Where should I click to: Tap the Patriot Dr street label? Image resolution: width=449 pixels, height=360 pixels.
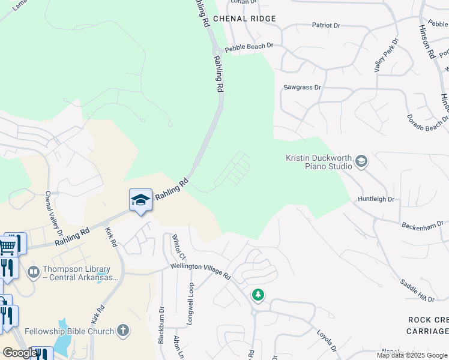tap(326, 26)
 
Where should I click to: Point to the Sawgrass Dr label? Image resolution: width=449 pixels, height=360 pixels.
tap(302, 88)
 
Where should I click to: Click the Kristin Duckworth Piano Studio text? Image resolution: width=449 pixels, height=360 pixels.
tap(318, 161)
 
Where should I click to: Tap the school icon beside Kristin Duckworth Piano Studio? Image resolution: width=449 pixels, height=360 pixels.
tap(361, 161)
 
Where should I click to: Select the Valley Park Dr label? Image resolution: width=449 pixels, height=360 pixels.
tap(385, 55)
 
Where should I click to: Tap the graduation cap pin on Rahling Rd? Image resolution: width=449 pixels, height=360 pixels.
tap(140, 199)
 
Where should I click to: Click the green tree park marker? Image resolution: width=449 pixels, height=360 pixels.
tap(258, 295)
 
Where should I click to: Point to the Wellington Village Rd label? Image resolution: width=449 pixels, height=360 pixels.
tap(201, 271)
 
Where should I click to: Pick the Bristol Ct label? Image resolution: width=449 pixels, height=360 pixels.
tap(176, 245)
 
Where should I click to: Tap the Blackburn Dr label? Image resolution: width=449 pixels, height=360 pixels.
tap(161, 325)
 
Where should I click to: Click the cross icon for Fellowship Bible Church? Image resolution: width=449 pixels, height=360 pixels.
tap(123, 330)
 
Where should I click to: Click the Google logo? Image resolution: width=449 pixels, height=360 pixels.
tap(19, 353)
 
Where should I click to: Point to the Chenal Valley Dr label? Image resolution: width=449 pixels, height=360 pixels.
tap(53, 211)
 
